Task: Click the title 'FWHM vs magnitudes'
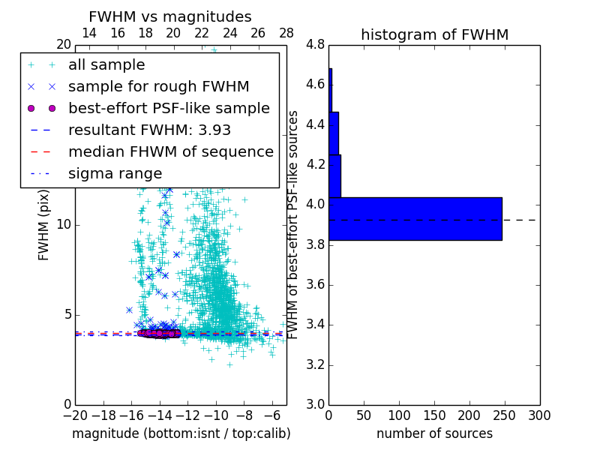(169, 16)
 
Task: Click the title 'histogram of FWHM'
(434, 34)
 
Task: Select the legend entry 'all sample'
(106, 65)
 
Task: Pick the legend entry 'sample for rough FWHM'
(158, 86)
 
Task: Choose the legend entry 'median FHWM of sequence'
(170, 151)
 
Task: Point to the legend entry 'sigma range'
(115, 173)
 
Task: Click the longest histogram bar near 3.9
(415, 218)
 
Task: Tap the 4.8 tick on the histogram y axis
(315, 44)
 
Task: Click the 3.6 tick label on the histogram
(315, 285)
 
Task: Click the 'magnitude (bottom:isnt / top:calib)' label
(181, 433)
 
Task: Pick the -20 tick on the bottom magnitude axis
(75, 415)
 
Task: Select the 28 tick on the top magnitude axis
(286, 33)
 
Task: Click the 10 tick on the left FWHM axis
(64, 225)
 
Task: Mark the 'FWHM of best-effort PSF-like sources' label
(294, 225)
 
